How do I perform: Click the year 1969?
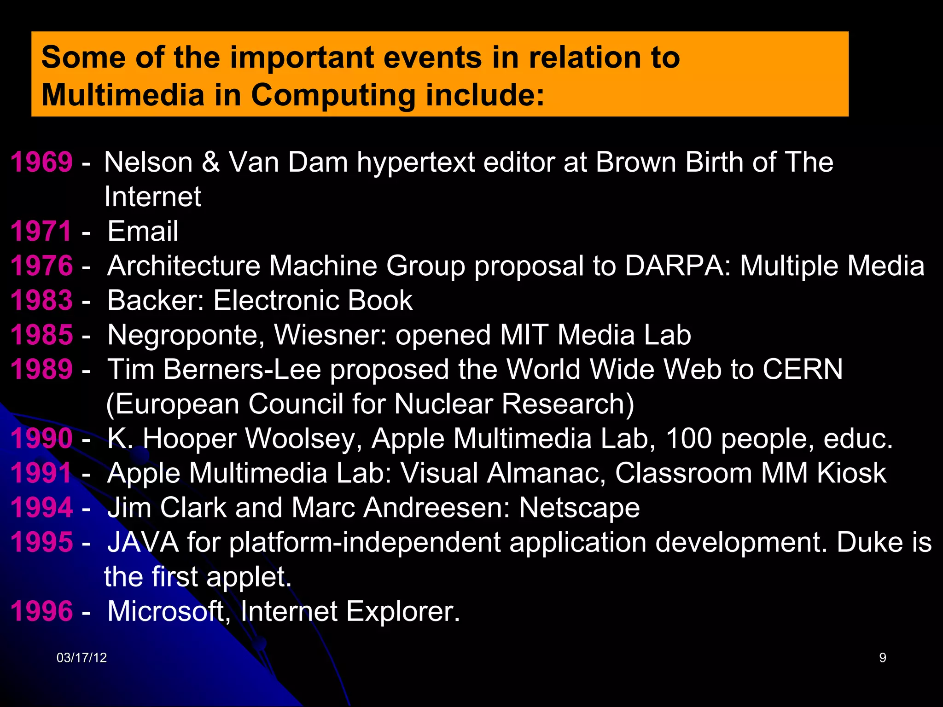[41, 162]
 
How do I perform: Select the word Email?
[143, 231]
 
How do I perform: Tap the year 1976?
[41, 266]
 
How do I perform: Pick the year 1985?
[41, 335]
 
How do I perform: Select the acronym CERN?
[803, 369]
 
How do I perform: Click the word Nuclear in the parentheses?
[443, 404]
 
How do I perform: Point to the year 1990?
[41, 438]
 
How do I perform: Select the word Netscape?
[579, 508]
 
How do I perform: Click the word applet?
[249, 577]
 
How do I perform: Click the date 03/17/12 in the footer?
[81, 658]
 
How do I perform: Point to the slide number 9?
[883, 658]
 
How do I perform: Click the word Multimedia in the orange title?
[122, 95]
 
